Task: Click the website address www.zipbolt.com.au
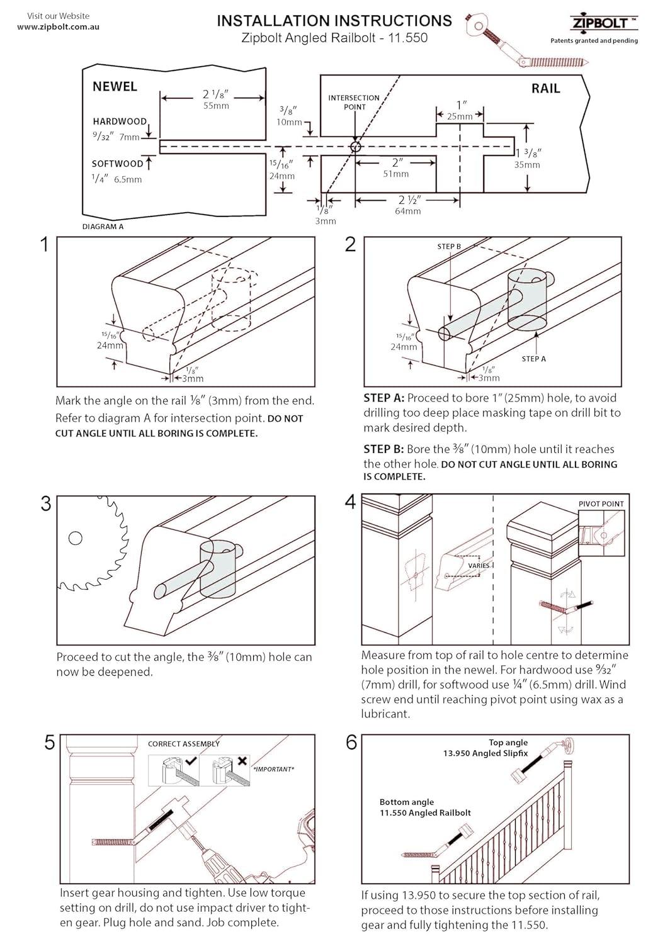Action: tap(58, 27)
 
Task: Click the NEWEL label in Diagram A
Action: tap(115, 87)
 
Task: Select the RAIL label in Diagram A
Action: tap(545, 89)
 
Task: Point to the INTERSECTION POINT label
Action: tap(354, 102)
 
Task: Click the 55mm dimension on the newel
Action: tap(215, 106)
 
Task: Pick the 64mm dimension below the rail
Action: tap(407, 211)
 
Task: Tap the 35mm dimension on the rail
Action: tap(527, 165)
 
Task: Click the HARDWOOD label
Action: tap(120, 121)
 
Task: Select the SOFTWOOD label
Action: tap(118, 164)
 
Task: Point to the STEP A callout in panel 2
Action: tap(533, 359)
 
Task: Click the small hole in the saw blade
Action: tap(76, 538)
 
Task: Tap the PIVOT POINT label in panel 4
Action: tap(601, 503)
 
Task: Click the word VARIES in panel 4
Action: tap(479, 565)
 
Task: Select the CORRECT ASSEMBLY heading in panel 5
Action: tap(184, 744)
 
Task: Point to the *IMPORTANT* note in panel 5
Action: tap(273, 769)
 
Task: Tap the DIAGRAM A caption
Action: tap(103, 227)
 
